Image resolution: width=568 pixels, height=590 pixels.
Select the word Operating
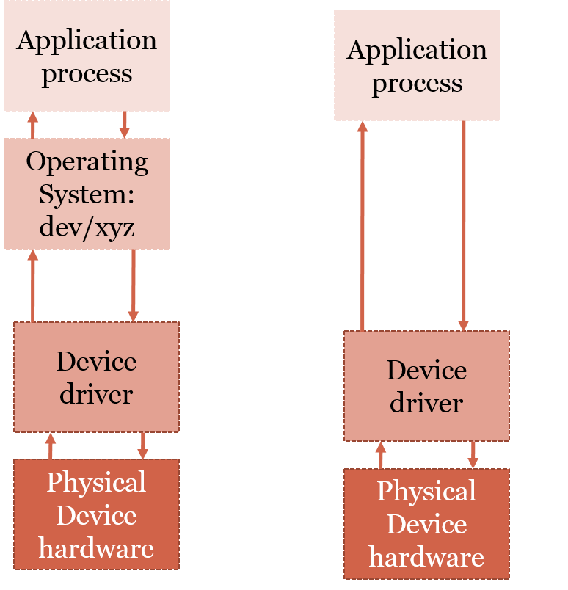(87, 162)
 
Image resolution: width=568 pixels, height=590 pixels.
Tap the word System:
(87, 194)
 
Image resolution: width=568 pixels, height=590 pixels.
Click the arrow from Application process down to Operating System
(125, 124)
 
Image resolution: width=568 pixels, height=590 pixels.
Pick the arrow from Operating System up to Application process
(32, 124)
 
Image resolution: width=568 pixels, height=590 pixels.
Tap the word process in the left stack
(87, 73)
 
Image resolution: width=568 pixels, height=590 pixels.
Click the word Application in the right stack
(417, 50)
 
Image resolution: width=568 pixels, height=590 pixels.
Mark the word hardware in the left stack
(96, 547)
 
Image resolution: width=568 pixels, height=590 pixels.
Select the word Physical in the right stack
(426, 491)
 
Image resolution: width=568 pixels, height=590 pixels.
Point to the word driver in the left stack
(96, 394)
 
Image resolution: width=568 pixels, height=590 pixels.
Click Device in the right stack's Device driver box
(426, 370)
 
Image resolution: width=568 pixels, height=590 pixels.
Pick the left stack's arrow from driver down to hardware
(142, 445)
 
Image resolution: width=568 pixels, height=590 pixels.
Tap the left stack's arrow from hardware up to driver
(50, 445)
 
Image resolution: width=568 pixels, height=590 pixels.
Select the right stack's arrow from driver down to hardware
(473, 454)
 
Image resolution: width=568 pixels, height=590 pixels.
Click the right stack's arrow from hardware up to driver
(380, 454)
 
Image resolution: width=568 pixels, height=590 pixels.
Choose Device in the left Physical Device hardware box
(96, 515)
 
